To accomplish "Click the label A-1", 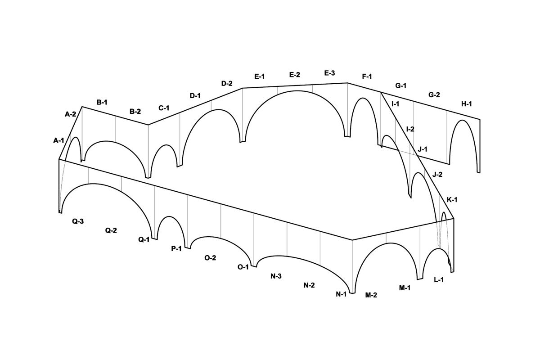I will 58,140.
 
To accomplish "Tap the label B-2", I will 135,111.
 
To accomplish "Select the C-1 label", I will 164,108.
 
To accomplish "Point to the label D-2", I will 227,83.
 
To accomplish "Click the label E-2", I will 295,75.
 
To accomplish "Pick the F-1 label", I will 367,76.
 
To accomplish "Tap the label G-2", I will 434,95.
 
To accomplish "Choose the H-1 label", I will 467,104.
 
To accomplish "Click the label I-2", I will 410,129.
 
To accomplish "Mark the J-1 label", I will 423,149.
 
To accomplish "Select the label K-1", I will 452,199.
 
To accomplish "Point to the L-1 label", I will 439,280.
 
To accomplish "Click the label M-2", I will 371,295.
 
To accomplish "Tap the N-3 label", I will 276,276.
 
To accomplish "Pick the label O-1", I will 243,267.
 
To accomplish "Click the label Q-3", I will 78,221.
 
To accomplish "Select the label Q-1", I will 144,240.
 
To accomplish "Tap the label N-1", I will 341,294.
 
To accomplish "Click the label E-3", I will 329,73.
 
